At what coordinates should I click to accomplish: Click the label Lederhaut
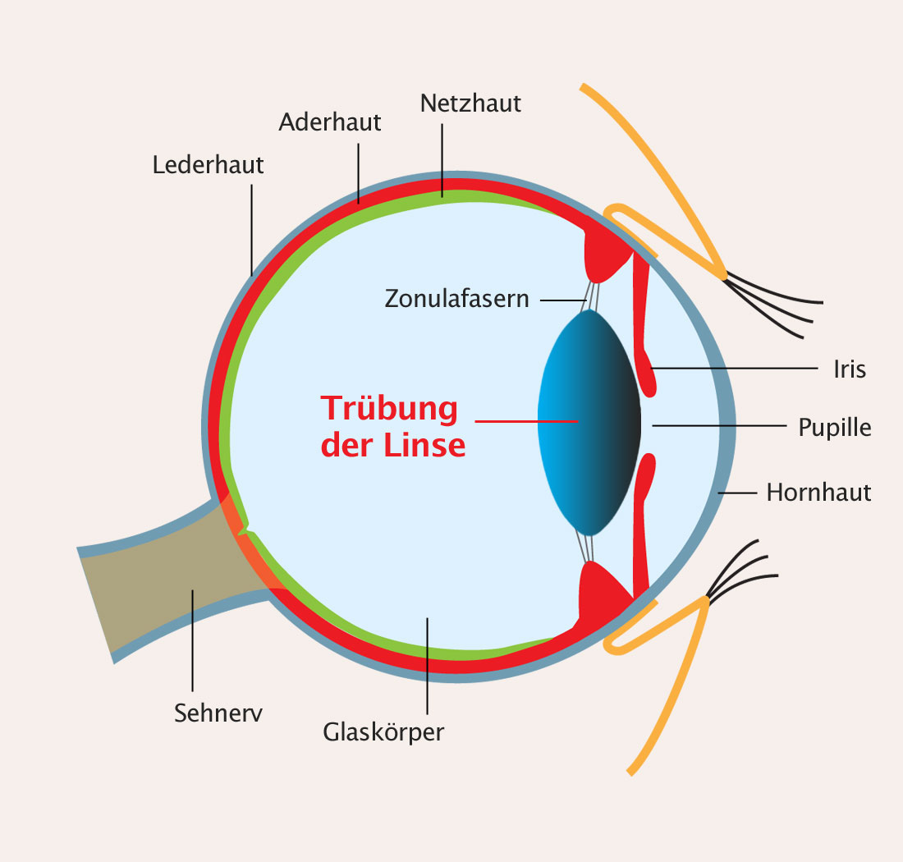click(209, 164)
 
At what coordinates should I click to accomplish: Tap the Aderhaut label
click(330, 122)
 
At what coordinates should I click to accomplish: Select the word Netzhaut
click(470, 103)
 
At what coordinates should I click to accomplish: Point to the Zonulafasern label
click(457, 298)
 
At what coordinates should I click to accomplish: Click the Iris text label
click(849, 369)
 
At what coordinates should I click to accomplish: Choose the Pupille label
click(835, 428)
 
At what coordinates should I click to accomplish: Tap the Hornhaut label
click(818, 493)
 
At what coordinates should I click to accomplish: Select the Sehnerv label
click(218, 713)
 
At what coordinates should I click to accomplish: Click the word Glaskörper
click(383, 731)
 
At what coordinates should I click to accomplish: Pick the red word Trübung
click(388, 408)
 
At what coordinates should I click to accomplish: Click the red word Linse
click(425, 445)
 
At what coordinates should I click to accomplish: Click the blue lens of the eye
click(587, 421)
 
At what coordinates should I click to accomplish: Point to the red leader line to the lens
click(525, 421)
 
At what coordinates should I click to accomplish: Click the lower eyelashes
click(743, 571)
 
